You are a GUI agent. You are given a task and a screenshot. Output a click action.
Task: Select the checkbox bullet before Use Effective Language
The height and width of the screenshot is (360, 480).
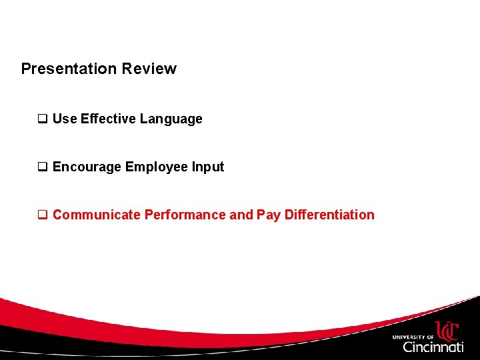pyautogui.click(x=43, y=119)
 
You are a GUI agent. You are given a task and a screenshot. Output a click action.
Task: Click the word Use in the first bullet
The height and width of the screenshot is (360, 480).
pyautogui.click(x=65, y=119)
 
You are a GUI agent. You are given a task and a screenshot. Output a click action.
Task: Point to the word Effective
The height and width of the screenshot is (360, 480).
pyautogui.click(x=108, y=119)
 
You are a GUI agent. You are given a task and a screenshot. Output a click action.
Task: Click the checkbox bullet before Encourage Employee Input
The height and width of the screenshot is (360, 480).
pyautogui.click(x=43, y=167)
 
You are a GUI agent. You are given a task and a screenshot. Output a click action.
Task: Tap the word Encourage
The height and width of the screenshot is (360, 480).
pyautogui.click(x=87, y=167)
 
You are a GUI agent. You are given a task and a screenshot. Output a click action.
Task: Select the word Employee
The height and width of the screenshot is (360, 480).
pyautogui.click(x=157, y=167)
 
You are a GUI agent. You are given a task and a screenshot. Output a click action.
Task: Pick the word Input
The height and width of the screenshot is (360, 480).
pyautogui.click(x=208, y=167)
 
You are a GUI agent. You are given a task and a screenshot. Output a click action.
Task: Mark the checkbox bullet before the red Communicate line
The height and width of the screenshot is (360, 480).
pyautogui.click(x=43, y=215)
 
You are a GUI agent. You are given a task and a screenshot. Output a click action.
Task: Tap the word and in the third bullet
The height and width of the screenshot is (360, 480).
pyautogui.click(x=241, y=215)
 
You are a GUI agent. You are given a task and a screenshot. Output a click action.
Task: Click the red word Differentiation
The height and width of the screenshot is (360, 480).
pyautogui.click(x=329, y=215)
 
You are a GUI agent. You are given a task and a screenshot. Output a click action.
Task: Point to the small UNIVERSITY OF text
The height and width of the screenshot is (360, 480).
pyautogui.click(x=413, y=337)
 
